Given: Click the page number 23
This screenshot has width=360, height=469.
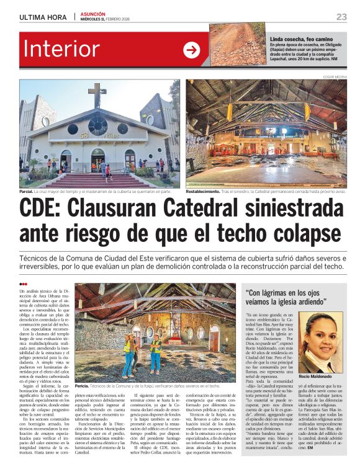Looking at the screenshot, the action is (x=341, y=17).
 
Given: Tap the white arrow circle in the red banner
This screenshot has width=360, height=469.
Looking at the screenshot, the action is (x=192, y=50).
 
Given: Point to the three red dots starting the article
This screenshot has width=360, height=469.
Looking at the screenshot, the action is (x=24, y=284).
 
